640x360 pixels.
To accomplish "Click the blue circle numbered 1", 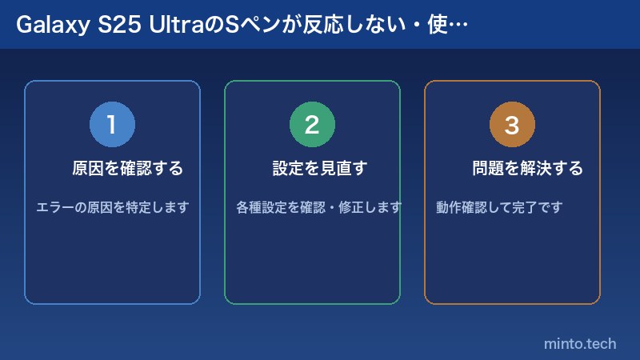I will click(112, 125).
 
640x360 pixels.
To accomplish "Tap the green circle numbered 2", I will click(312, 125).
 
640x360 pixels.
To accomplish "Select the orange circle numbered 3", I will click(512, 125).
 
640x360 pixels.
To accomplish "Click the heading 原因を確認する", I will click(128, 169).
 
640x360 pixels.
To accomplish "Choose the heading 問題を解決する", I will click(527, 169).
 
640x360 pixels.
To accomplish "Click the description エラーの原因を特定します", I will click(113, 208).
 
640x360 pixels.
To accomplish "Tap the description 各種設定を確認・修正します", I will click(319, 208).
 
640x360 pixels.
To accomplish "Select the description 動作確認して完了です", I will click(500, 208).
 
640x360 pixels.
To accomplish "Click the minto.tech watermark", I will click(580, 344).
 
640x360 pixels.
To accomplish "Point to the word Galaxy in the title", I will click(46, 25).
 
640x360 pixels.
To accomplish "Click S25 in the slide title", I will click(116, 25).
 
